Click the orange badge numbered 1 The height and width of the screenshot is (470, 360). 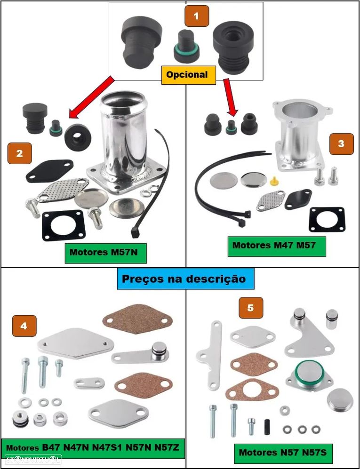coord(196,16)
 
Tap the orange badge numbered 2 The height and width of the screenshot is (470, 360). coord(19,153)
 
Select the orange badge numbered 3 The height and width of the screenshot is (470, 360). coord(341,144)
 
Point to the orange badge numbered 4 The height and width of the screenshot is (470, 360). coord(24,326)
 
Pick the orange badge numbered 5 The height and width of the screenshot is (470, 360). coord(250,308)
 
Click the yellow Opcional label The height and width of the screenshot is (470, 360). coord(187,75)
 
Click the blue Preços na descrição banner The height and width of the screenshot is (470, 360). coord(184,279)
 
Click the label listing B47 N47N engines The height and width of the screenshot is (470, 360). coord(92,447)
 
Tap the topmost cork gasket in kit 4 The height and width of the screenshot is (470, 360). coord(137,319)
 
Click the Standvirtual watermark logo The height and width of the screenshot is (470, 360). coord(32,459)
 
